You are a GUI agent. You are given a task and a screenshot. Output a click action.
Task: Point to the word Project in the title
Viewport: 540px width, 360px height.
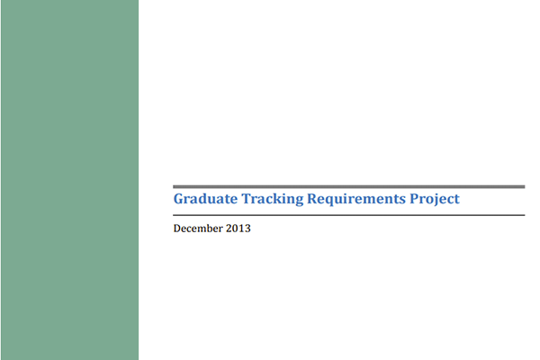434,199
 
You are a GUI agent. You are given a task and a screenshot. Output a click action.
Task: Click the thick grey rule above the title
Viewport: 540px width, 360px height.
348,186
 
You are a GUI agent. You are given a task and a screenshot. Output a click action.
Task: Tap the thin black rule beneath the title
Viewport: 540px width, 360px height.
348,216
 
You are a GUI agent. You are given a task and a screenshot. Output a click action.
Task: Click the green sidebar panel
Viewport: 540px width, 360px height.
69,180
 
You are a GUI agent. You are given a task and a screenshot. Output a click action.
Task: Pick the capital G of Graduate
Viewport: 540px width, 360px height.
178,198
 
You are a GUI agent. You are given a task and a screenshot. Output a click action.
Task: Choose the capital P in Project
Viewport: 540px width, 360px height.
412,198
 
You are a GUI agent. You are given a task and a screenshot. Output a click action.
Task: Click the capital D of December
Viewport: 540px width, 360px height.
177,229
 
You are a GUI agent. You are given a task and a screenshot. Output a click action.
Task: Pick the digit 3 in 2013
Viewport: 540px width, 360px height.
247,229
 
